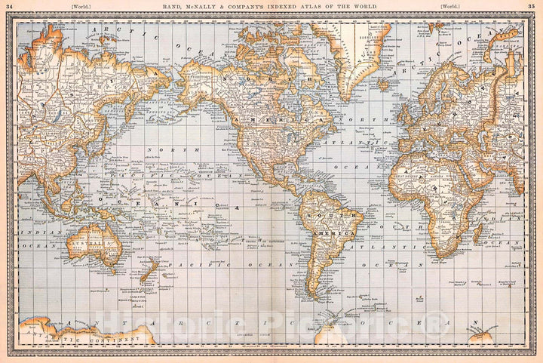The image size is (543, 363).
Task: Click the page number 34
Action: click(x=9, y=6)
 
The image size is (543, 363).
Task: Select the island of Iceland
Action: click(x=386, y=84)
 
